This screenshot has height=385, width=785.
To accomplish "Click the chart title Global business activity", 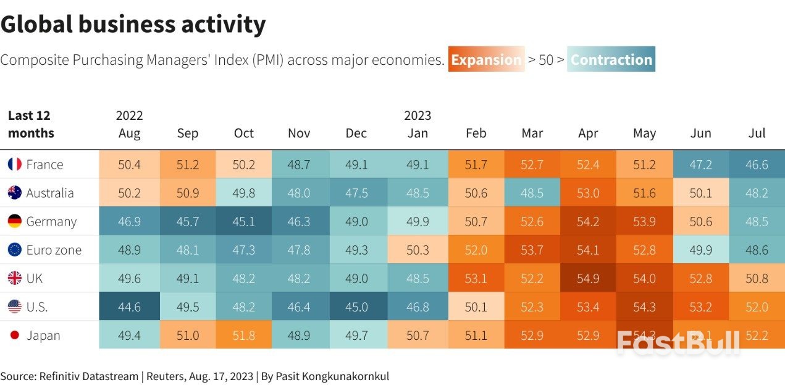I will pos(133,25).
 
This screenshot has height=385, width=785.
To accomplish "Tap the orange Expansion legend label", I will pos(486,60).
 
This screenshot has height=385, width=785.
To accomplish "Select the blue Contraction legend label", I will pos(611,60).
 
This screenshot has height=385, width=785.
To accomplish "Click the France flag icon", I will pos(15,164).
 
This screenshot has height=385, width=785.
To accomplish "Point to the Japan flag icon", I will pos(15,336).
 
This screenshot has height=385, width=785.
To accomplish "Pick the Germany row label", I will pos(51,221).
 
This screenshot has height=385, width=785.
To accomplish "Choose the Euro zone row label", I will pos(54,250).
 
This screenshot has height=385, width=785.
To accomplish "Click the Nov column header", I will pos(300,133).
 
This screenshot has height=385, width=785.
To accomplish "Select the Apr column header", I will pos(588,133).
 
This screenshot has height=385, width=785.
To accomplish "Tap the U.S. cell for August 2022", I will pos(129,307).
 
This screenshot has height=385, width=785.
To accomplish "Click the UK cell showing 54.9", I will pos(588,278).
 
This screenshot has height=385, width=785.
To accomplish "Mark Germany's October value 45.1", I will pos(244,221).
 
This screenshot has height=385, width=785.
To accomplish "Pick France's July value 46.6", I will pos(757,164).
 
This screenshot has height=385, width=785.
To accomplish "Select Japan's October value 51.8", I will pos(244,336).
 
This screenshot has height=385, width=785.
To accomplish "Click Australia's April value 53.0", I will pos(588,193).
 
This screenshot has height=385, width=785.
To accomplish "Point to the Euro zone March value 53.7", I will pos(532,250).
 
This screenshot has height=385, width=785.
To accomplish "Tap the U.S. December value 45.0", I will pos(356,307).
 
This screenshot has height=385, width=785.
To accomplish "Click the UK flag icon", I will pos(15,278).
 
